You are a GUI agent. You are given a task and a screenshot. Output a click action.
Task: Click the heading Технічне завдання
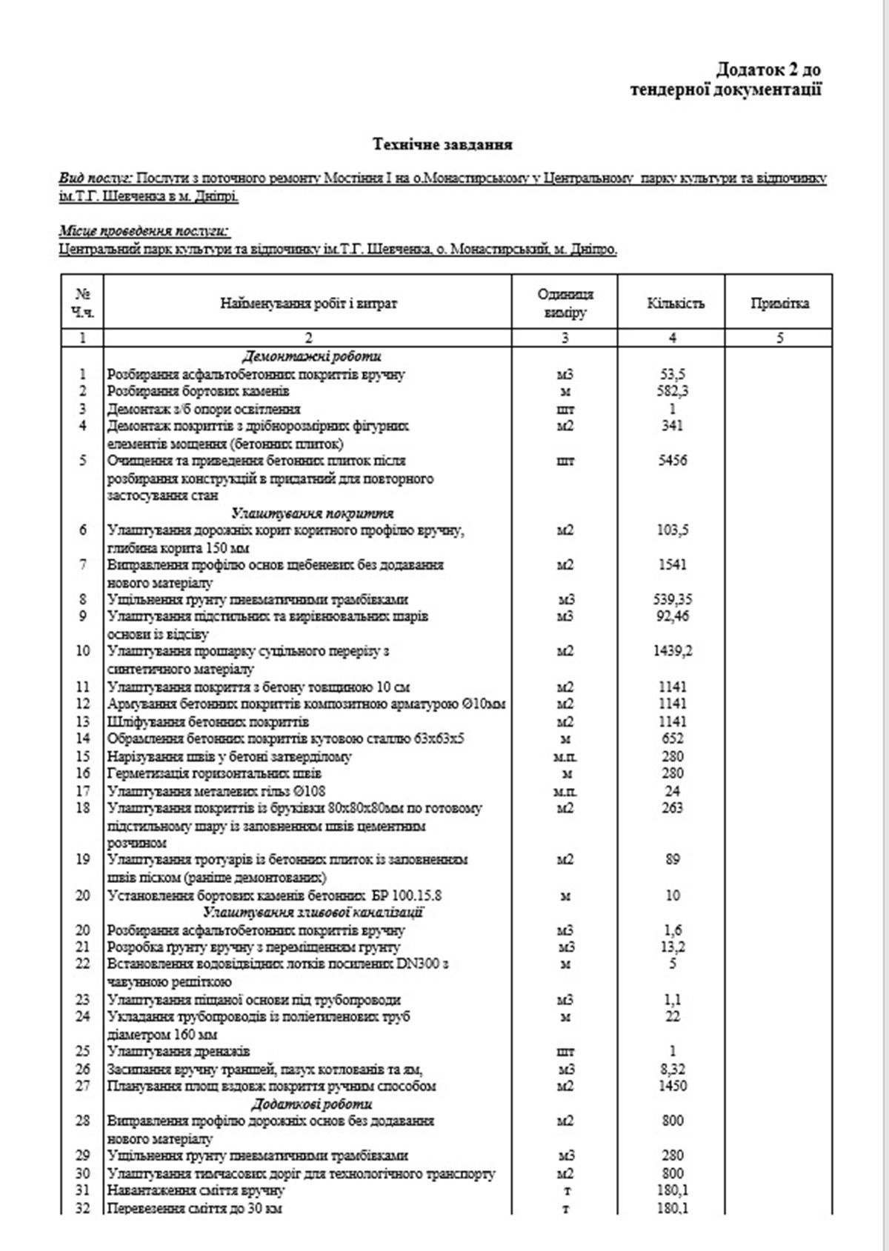coord(442,144)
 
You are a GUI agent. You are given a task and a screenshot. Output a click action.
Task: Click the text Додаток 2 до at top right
coord(768,70)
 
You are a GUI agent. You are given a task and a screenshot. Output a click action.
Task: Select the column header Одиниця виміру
coord(565,303)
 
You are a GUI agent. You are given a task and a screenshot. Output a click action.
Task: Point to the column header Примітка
coord(779,303)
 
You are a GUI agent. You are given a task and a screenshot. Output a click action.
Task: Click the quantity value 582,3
coord(672,391)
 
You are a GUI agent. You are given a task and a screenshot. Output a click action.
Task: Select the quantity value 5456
coord(672,461)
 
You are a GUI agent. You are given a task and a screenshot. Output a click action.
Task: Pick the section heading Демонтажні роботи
coord(312,356)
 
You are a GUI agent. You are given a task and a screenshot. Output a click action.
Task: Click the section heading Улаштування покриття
coord(312,513)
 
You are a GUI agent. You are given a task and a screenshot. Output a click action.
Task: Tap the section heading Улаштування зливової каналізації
coord(313,913)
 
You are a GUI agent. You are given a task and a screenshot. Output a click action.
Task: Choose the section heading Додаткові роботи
coord(312,1104)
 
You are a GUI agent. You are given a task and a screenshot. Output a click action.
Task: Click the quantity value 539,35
coord(672,599)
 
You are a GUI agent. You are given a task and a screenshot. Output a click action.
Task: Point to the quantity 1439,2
coord(672,651)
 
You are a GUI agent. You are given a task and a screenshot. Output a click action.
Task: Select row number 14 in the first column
coord(82,738)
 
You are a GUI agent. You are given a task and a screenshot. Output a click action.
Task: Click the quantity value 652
coord(672,738)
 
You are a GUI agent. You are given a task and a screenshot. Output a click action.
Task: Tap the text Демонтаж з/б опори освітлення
coord(204,409)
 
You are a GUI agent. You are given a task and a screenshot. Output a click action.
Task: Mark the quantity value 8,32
coord(672,1069)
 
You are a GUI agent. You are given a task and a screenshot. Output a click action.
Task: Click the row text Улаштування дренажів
coord(179,1052)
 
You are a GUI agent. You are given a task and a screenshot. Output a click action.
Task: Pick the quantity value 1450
coord(672,1087)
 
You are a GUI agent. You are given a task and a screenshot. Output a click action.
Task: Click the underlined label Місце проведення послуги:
coord(144,232)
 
